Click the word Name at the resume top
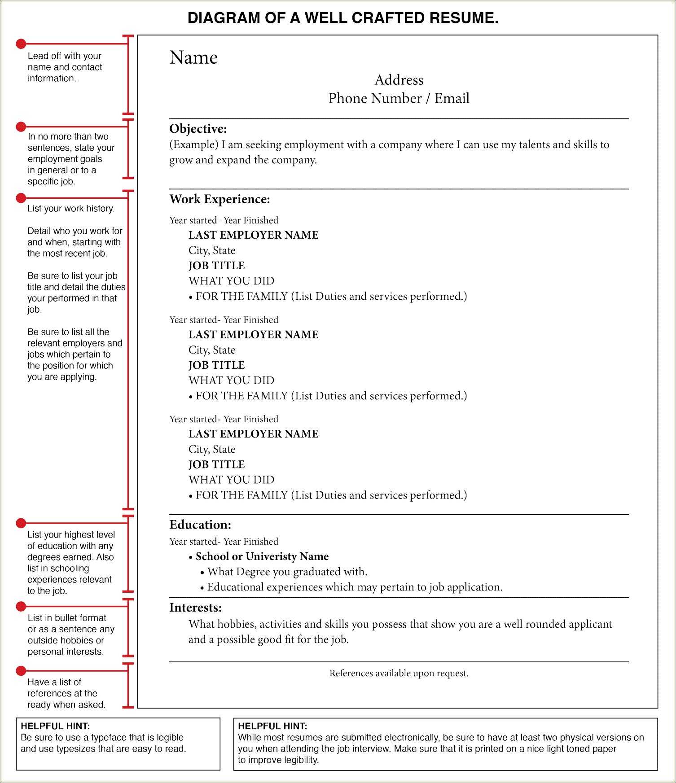click(x=193, y=58)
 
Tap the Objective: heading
click(x=198, y=129)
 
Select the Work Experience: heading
click(x=219, y=199)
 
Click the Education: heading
click(x=200, y=525)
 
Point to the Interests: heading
click(x=195, y=608)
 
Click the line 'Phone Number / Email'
click(x=399, y=98)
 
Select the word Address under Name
click(x=399, y=80)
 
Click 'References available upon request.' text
click(x=399, y=673)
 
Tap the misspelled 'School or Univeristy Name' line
click(x=262, y=556)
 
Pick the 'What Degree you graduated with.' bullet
click(x=287, y=572)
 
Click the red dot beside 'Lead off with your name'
click(x=21, y=44)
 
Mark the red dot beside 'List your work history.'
click(x=21, y=198)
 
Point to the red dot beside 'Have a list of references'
click(x=21, y=671)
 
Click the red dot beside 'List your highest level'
click(x=21, y=523)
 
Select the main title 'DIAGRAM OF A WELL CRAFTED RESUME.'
click(x=343, y=18)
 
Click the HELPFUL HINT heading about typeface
click(x=55, y=726)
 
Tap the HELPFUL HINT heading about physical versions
click(x=272, y=726)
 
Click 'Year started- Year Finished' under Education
click(x=224, y=542)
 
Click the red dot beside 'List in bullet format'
click(x=21, y=607)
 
